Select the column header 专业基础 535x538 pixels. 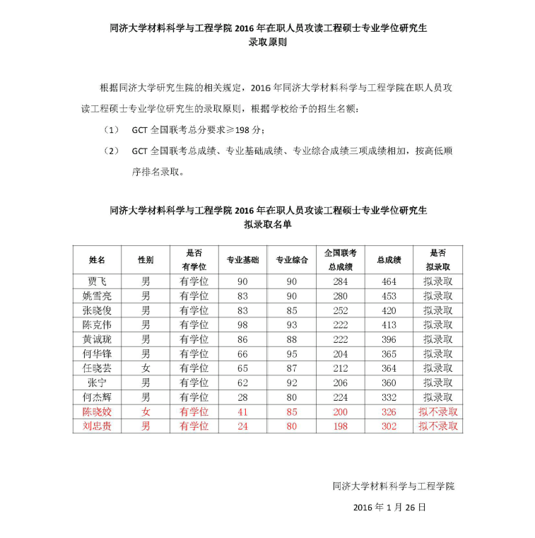(242, 260)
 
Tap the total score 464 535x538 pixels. (389, 281)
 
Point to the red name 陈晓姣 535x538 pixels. (96, 411)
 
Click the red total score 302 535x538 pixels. (389, 426)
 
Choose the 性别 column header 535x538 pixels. (145, 260)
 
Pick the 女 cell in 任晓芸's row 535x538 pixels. (145, 368)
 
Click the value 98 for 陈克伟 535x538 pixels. (242, 324)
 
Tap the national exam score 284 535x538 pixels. (341, 281)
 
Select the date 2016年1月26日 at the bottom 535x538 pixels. (389, 508)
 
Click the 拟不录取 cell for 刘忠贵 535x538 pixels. (437, 426)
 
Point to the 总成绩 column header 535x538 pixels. (389, 260)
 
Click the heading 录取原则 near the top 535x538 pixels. (268, 42)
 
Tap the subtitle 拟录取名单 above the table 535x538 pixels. (268, 224)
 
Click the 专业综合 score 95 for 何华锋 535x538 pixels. (291, 353)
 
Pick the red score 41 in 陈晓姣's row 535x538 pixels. (242, 411)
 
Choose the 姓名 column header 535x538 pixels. (96, 260)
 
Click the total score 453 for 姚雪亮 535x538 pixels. (389, 296)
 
